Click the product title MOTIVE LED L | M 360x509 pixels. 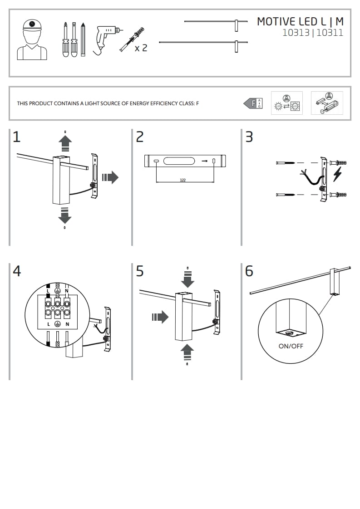(x=300, y=21)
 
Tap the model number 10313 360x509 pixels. (x=296, y=33)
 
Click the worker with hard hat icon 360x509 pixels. (x=32, y=40)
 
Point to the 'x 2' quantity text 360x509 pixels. (x=141, y=48)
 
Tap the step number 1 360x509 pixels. (x=16, y=137)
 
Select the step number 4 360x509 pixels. (x=17, y=271)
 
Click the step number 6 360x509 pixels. (x=249, y=271)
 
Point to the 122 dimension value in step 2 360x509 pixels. (x=182, y=180)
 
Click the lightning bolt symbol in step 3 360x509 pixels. (x=337, y=174)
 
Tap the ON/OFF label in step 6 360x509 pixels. (x=291, y=346)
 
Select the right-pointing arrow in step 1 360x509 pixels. (x=110, y=177)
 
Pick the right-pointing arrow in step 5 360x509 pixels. (x=160, y=317)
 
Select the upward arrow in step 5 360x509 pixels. (x=187, y=352)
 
